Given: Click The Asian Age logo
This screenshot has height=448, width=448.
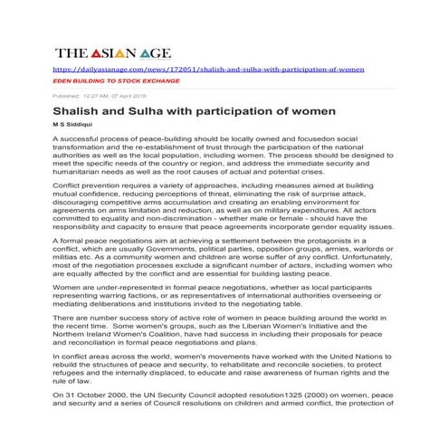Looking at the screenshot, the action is pos(112,53).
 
